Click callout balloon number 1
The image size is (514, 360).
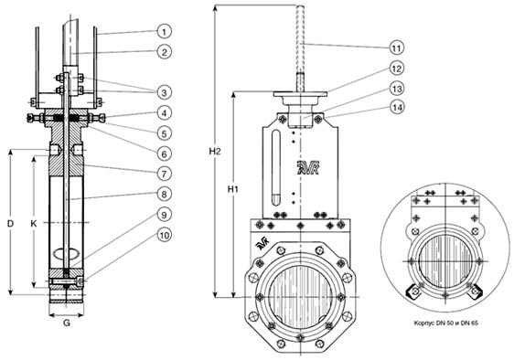pyautogui.click(x=165, y=31)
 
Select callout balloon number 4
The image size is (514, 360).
pyautogui.click(x=165, y=113)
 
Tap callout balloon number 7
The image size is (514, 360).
pyautogui.click(x=165, y=174)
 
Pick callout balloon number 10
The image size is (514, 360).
pyautogui.click(x=165, y=235)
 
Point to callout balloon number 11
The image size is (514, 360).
pyautogui.click(x=397, y=48)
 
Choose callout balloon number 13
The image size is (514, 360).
pyautogui.click(x=397, y=89)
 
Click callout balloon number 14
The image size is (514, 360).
pyautogui.click(x=397, y=107)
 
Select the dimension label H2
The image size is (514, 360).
pyautogui.click(x=215, y=151)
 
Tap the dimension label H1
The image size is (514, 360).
pyautogui.click(x=232, y=189)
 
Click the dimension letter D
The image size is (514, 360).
pyautogui.click(x=11, y=224)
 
